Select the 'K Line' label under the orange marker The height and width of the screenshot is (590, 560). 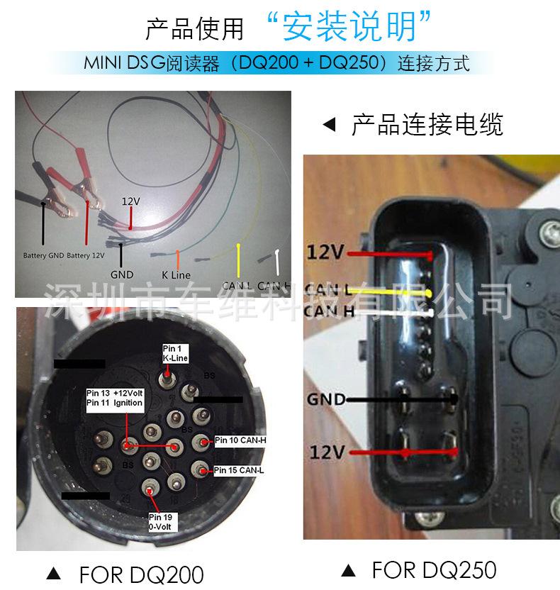pos(176,274)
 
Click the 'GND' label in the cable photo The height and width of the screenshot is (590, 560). pos(122,274)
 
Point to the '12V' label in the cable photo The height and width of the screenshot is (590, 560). pos(130,202)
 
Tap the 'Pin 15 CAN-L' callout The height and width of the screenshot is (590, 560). pos(238,470)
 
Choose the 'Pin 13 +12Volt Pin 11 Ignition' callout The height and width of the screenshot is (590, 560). pos(115,398)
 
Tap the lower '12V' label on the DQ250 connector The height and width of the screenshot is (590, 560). pos(328,452)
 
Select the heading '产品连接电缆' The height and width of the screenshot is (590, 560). pos(427,126)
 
